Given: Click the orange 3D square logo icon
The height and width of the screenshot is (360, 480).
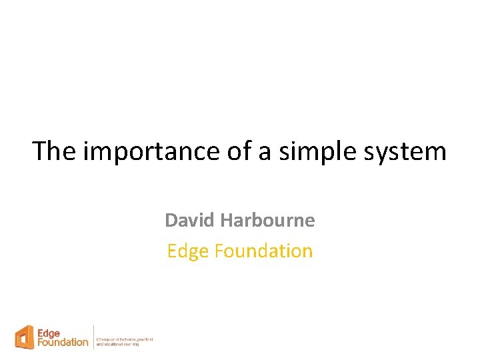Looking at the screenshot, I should point(25,337).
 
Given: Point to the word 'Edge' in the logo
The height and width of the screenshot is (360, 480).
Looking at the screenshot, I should point(48,333).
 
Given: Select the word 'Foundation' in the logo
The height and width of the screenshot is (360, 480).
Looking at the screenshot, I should point(63,342).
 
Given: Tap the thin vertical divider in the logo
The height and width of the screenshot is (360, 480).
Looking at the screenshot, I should point(93,337).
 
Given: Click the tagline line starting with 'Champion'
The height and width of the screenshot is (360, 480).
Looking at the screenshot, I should point(125,339).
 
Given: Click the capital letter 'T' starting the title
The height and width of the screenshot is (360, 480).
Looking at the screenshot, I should point(39,151).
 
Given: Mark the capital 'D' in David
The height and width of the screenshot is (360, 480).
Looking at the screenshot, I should point(171,220).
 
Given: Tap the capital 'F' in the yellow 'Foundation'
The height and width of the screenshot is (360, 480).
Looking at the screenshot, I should point(217,251).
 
